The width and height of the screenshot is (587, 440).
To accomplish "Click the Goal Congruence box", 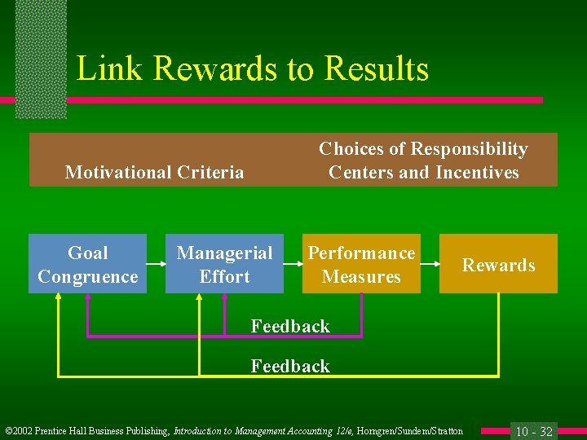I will click(x=87, y=264).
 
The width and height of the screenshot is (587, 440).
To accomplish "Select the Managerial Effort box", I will click(x=224, y=264).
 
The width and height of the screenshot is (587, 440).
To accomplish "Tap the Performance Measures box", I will click(x=361, y=264).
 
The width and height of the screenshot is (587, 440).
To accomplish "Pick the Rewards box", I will click(x=498, y=264).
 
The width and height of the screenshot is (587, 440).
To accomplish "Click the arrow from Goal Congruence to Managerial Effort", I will click(x=156, y=264).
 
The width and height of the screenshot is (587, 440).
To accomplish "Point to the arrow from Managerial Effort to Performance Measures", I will click(x=293, y=264).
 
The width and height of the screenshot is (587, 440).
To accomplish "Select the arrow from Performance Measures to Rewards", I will click(x=430, y=264).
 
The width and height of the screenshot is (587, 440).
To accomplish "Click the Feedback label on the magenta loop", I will click(x=290, y=327).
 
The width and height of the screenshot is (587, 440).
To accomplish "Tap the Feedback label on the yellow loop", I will click(x=290, y=367).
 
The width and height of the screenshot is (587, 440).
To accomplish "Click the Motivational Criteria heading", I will click(x=154, y=172).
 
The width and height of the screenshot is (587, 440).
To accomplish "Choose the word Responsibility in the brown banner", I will click(x=470, y=149).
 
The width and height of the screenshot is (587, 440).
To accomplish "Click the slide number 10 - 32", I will click(x=534, y=431).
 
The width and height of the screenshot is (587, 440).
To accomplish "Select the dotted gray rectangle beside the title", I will click(x=41, y=57).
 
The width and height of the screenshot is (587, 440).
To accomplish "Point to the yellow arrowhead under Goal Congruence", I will click(x=59, y=297).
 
